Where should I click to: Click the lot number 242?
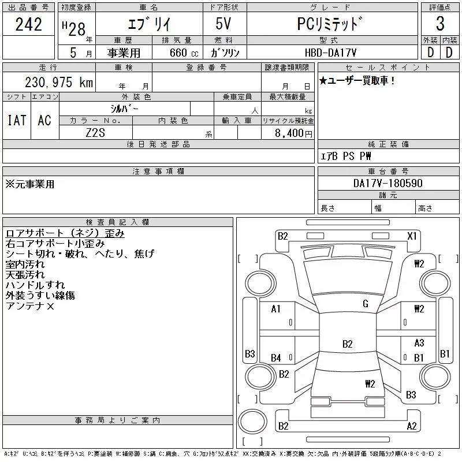tap(28, 24)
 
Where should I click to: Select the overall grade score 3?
tap(440, 24)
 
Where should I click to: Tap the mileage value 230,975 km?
tap(59, 82)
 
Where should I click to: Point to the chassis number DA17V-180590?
tap(388, 183)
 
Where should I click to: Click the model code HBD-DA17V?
tap(330, 53)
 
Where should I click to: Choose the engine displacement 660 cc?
tap(184, 53)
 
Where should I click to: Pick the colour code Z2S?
tap(95, 133)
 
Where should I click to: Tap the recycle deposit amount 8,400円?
tap(293, 133)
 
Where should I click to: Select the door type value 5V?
tap(223, 24)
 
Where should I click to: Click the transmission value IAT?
tap(17, 120)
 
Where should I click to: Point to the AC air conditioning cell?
tap(44, 120)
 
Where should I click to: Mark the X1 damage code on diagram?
tap(412, 236)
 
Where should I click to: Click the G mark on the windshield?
tap(366, 304)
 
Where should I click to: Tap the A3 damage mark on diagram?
tap(419, 342)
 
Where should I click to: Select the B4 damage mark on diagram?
tap(275, 358)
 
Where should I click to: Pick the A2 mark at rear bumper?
tap(412, 426)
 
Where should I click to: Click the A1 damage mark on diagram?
tap(275, 309)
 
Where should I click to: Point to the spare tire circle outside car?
tap(252, 422)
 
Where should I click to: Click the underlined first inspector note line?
tap(65, 233)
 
